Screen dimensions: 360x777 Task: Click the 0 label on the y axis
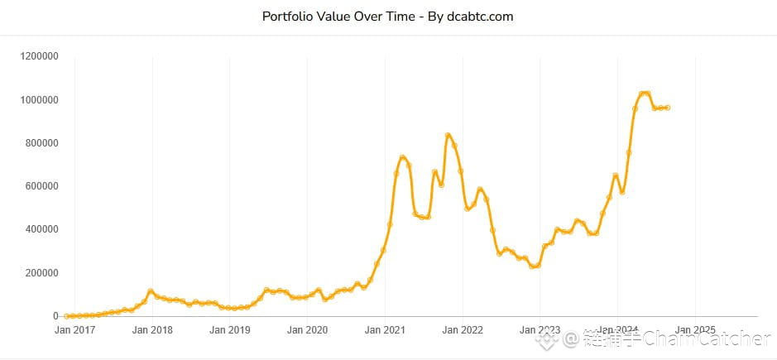55,316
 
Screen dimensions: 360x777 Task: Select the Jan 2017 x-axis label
74,330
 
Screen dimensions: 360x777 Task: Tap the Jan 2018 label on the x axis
152,330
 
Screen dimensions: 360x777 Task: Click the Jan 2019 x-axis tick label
229,330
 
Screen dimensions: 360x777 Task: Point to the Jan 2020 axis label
307,330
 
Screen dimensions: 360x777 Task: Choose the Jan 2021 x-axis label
385,330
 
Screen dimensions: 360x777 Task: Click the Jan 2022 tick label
462,330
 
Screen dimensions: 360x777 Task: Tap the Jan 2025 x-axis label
694,330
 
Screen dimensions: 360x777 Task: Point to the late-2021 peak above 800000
448,135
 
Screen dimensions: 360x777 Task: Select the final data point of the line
667,108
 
